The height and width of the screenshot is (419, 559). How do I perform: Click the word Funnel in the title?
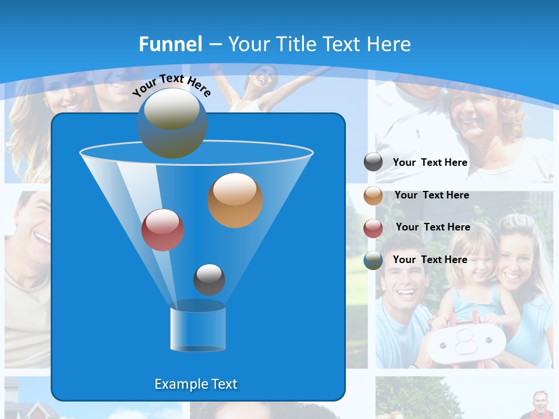(170, 44)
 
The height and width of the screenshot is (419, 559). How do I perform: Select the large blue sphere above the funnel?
(172, 123)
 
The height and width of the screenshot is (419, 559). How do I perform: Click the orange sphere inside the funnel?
(235, 200)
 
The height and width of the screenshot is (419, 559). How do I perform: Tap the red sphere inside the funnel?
(162, 230)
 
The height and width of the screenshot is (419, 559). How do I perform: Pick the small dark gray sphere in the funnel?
(209, 280)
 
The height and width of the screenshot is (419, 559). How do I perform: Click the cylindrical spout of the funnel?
(198, 327)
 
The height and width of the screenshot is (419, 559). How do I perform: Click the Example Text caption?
(196, 384)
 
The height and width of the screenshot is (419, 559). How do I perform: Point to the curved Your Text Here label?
(172, 84)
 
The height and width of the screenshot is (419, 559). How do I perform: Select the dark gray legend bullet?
(373, 162)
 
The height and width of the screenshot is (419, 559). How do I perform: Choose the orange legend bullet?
(373, 196)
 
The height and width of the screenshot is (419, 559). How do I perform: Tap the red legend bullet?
(373, 228)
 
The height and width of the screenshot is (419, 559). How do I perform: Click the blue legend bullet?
(373, 260)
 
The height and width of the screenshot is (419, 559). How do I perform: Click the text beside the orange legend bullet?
(431, 195)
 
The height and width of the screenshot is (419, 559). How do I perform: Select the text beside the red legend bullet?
(433, 227)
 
